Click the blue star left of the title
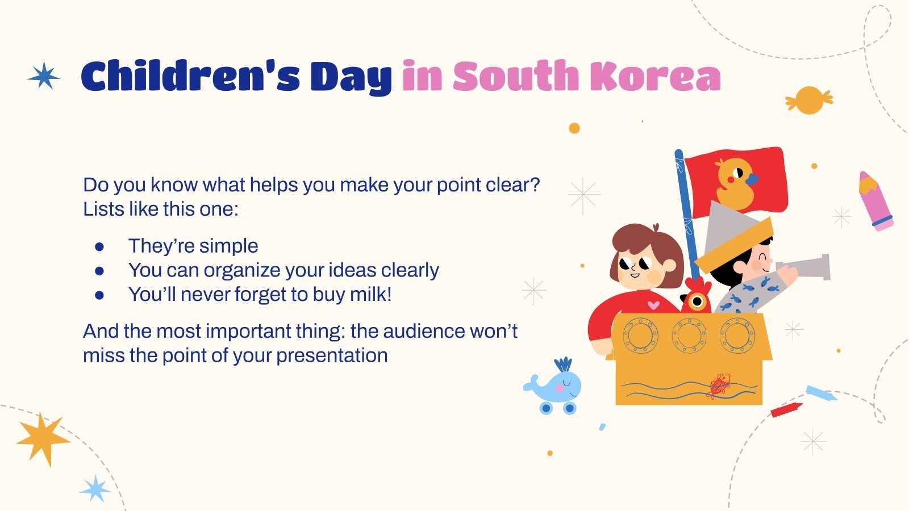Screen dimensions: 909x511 point(43,76)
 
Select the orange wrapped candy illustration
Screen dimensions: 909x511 point(809,100)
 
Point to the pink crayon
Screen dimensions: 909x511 point(875,201)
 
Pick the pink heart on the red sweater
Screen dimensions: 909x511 point(653,304)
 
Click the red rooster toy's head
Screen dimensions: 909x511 point(697,296)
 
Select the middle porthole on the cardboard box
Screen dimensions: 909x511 point(689,336)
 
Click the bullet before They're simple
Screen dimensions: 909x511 point(99,246)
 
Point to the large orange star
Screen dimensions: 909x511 point(42,439)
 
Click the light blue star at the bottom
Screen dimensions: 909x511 point(95,489)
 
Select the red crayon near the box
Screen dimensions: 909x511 point(786,409)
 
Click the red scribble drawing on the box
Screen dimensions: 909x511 point(719,386)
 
